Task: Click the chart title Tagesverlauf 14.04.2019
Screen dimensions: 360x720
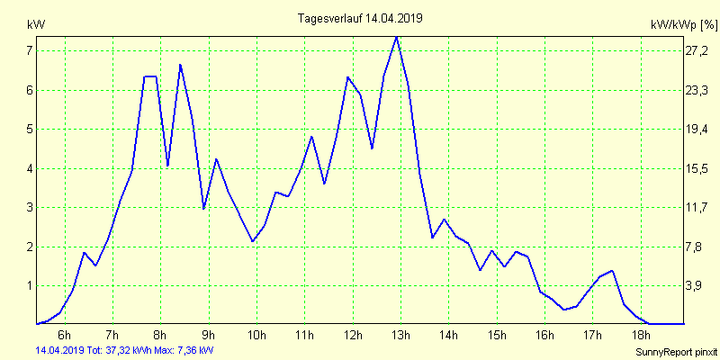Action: [360, 17]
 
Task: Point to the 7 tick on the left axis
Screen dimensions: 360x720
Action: [30, 50]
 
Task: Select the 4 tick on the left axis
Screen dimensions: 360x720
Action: [30, 168]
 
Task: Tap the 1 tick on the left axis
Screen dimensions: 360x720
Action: [30, 285]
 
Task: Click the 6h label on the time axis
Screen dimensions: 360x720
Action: [65, 336]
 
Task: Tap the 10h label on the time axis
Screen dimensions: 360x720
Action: [256, 336]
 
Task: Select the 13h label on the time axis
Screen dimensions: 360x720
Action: [400, 336]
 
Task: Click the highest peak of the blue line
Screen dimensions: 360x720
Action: [396, 36]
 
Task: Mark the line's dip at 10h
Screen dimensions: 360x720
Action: [253, 241]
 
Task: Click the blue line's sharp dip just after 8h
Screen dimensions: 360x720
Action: [168, 166]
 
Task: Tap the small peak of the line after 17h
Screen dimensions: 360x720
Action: [612, 270]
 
